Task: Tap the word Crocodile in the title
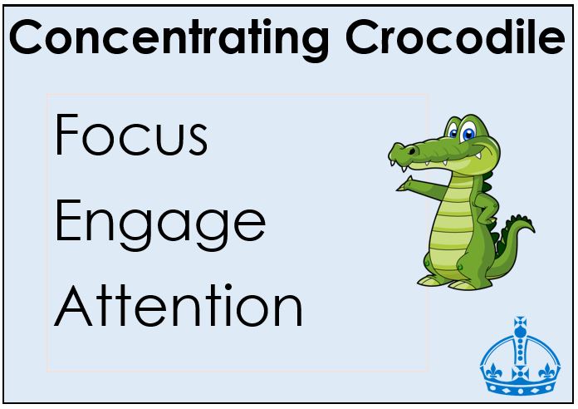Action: click(455, 37)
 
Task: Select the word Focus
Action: click(131, 135)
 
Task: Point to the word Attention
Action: click(178, 305)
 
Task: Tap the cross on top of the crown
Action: click(520, 323)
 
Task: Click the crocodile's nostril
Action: click(411, 151)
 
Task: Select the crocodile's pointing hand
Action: click(405, 185)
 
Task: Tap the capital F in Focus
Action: click(66, 135)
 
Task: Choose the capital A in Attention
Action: click(73, 305)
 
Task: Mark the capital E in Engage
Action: click(68, 220)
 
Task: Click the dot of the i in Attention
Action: click(228, 288)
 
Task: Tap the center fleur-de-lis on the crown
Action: click(520, 372)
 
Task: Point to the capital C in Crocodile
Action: click(362, 37)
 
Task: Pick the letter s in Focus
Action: click(198, 140)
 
